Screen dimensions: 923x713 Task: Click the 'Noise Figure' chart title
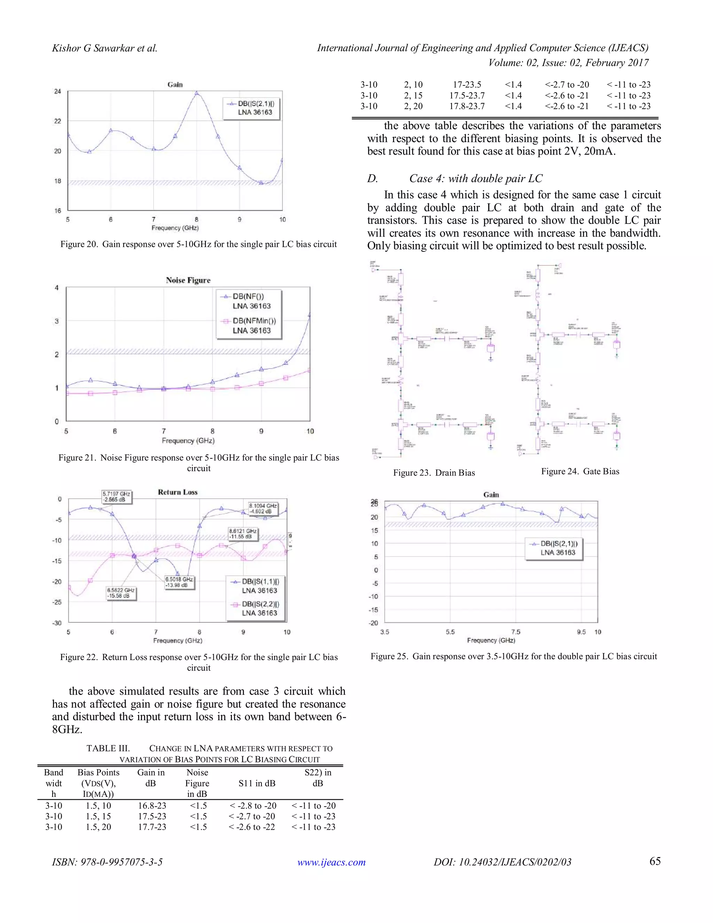(188, 280)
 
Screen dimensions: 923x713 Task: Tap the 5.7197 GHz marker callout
(117, 497)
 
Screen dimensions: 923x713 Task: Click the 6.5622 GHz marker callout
(121, 593)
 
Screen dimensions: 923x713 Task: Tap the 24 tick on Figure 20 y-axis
(57, 91)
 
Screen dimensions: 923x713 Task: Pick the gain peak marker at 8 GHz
(196, 93)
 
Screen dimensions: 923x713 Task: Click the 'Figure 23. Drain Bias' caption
(434, 473)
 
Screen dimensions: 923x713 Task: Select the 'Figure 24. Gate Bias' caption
(580, 471)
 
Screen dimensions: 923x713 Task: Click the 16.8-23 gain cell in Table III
(152, 806)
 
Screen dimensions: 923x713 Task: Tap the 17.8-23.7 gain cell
(467, 106)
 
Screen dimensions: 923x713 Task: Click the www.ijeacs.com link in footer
(331, 862)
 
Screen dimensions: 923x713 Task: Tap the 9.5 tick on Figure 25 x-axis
(581, 632)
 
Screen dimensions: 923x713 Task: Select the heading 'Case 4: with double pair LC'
(476, 178)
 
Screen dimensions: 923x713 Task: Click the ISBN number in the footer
(107, 862)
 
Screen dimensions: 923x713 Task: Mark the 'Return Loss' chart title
(178, 492)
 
